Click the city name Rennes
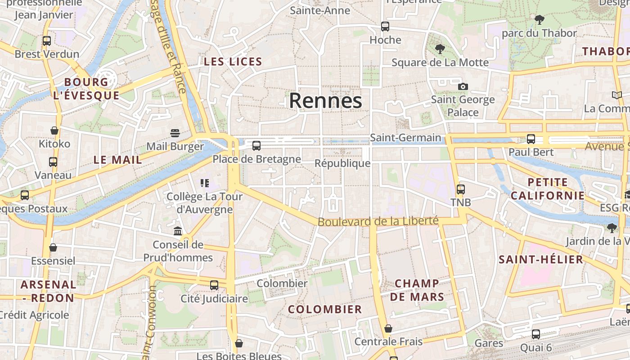coord(325,100)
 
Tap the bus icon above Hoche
coord(385,27)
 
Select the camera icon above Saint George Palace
coord(463,86)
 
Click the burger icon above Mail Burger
coord(175,133)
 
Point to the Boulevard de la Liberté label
coord(378,221)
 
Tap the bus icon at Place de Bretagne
coord(256,146)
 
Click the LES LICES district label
coord(233,62)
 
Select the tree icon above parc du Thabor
coord(539,20)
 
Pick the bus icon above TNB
coord(460,189)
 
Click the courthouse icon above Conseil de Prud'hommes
coord(178,231)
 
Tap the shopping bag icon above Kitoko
coord(54,130)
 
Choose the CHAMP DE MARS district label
coord(417,290)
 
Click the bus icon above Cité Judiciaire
coord(214,285)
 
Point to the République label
coord(342,163)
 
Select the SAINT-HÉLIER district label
coord(541,259)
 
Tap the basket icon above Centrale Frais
coord(388,328)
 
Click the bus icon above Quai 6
coord(535,334)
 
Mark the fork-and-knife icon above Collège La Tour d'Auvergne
coord(205,183)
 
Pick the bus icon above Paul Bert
coord(531,139)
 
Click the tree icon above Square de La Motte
coord(440,49)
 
